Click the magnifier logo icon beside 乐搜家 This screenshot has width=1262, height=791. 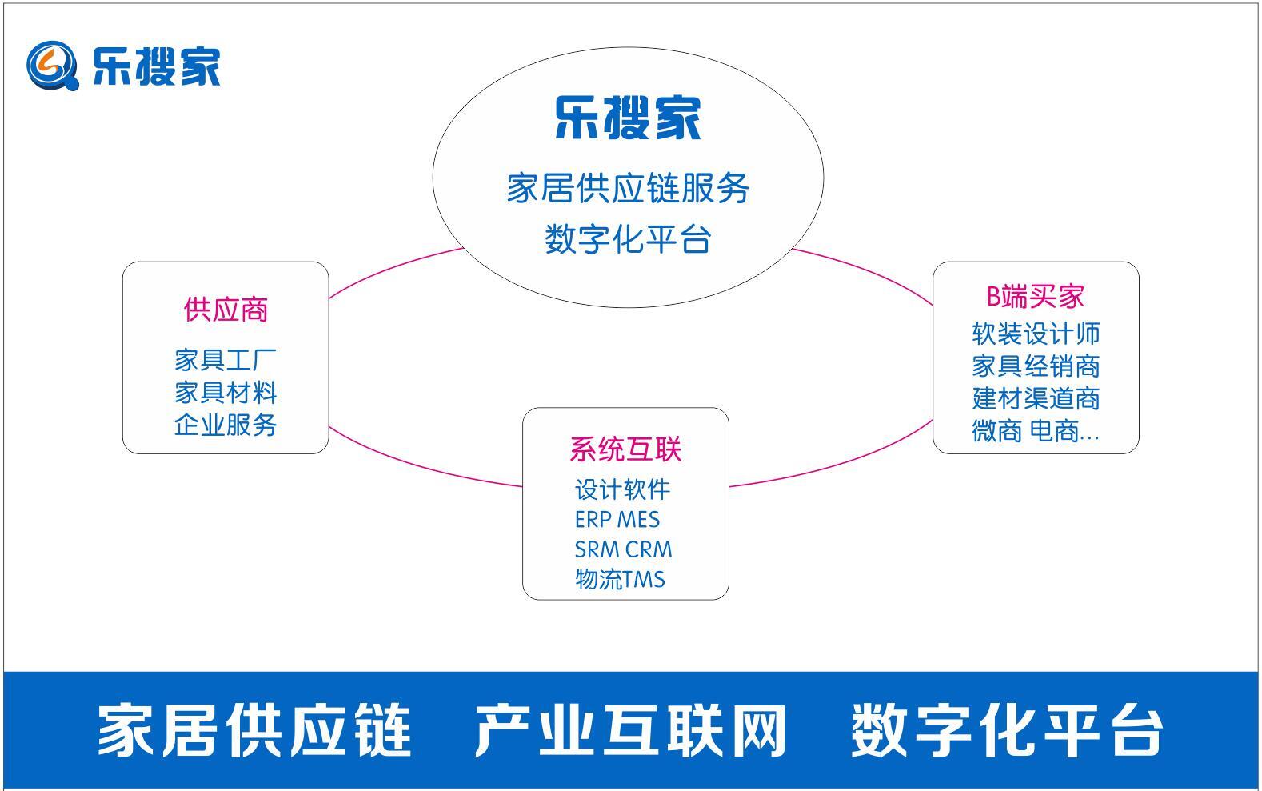point(52,66)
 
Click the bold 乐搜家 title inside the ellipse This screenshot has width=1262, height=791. point(628,118)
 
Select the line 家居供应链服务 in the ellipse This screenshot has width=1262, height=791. point(628,189)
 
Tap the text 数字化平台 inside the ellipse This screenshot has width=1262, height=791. point(628,239)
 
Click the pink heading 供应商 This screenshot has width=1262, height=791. point(226,310)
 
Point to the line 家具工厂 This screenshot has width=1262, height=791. point(226,360)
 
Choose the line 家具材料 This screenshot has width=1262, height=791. point(226,393)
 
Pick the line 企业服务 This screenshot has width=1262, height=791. point(226,425)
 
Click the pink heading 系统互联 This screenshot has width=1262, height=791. point(625,449)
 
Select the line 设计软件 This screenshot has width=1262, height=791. point(622,489)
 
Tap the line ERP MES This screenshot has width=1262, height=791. point(617,520)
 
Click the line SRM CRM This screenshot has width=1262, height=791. point(623,549)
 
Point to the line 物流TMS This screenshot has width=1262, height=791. point(620,579)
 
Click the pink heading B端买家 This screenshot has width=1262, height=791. point(1035,297)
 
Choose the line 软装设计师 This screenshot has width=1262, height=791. point(1036,334)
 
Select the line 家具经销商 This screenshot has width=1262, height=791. point(1036,366)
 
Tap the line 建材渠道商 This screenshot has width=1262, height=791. point(1036,398)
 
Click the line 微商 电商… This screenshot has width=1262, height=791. point(1036,431)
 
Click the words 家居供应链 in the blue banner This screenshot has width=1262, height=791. point(254,730)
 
